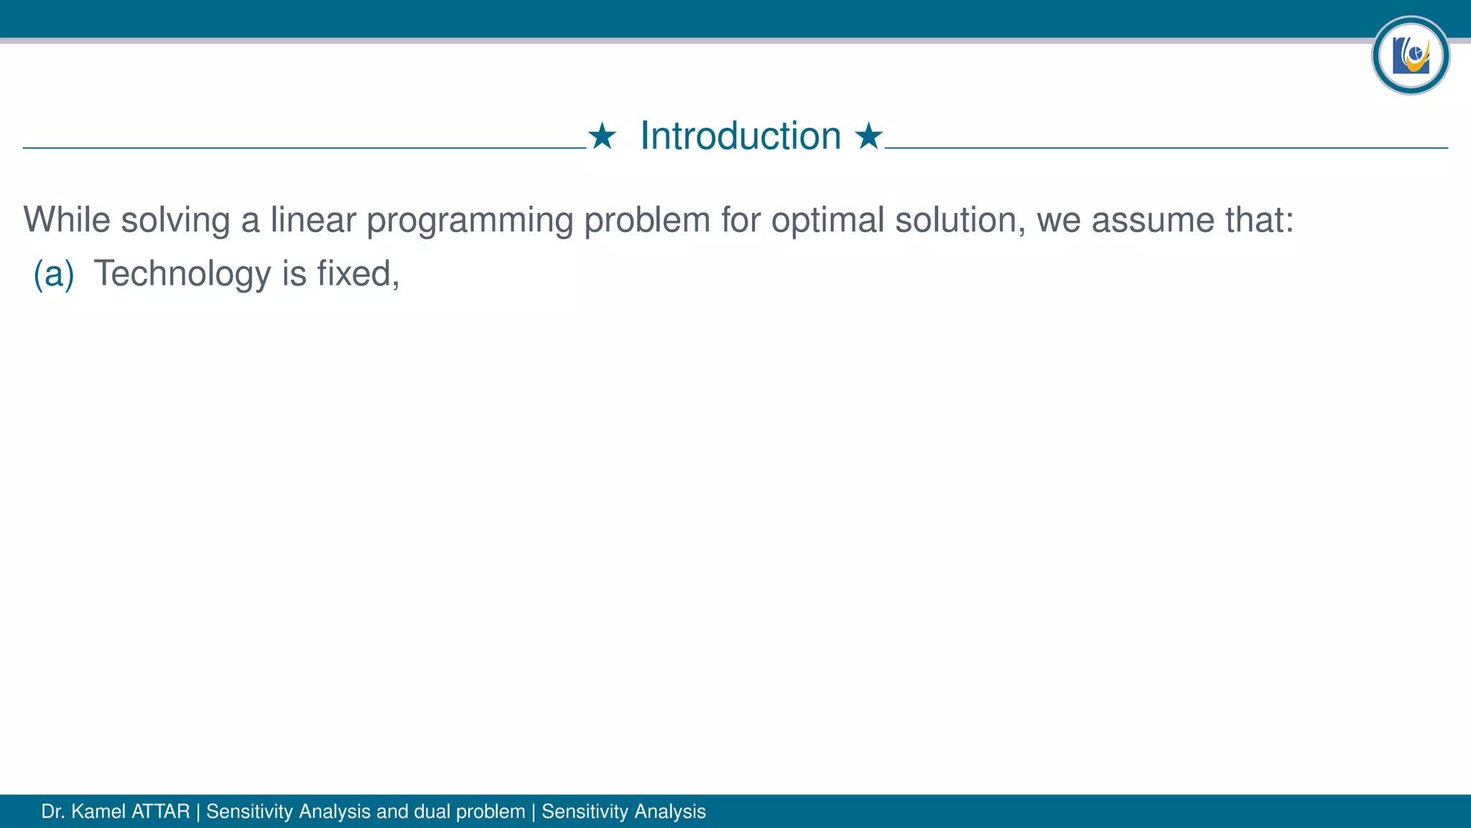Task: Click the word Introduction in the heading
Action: (x=740, y=136)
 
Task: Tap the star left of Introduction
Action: (x=602, y=136)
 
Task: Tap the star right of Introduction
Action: (x=868, y=136)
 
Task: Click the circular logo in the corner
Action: (x=1410, y=55)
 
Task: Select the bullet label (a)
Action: (x=54, y=274)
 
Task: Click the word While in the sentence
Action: (x=66, y=220)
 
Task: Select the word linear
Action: (x=313, y=220)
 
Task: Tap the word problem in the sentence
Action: (x=646, y=220)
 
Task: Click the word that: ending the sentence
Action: (x=1259, y=220)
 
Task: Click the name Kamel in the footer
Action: (x=98, y=811)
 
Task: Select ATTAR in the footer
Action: (x=161, y=811)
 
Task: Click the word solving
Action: (x=175, y=220)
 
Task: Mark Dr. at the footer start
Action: (x=53, y=811)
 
